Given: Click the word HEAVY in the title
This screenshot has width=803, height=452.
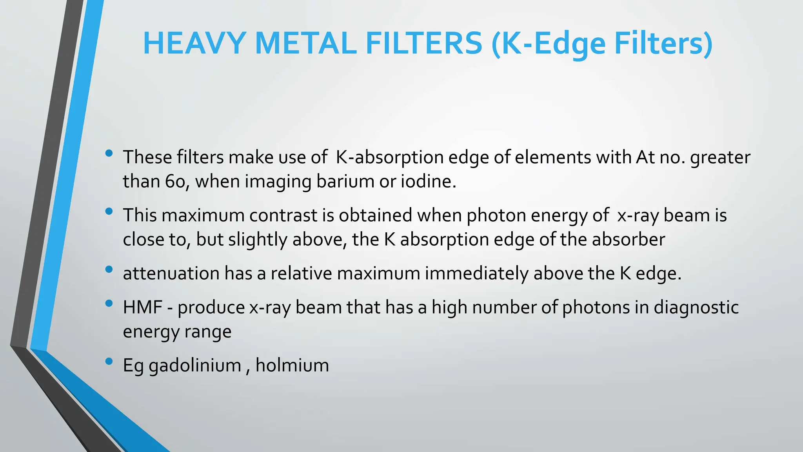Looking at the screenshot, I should coord(194,43).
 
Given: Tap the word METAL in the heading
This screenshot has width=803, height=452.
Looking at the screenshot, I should coord(305,43).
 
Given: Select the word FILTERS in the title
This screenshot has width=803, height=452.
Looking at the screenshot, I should coord(424,43).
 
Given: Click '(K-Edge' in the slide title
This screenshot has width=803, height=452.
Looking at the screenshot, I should coord(549,44).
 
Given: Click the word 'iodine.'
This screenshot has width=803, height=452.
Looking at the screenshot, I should coord(429,181).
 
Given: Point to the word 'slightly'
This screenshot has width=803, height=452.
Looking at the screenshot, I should coord(258,240).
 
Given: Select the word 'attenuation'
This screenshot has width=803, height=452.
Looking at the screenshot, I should coord(171,273).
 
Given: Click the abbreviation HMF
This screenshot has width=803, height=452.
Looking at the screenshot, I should coord(143,307).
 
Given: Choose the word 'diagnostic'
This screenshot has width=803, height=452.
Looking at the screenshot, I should coord(696,307).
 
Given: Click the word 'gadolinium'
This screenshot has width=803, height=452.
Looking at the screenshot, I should coord(195,366).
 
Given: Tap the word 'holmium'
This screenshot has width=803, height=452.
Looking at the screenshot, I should coord(292,365).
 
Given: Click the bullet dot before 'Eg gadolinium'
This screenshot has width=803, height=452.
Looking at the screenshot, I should coord(109,361).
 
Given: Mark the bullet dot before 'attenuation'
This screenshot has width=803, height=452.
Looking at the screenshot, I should coord(109,269).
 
